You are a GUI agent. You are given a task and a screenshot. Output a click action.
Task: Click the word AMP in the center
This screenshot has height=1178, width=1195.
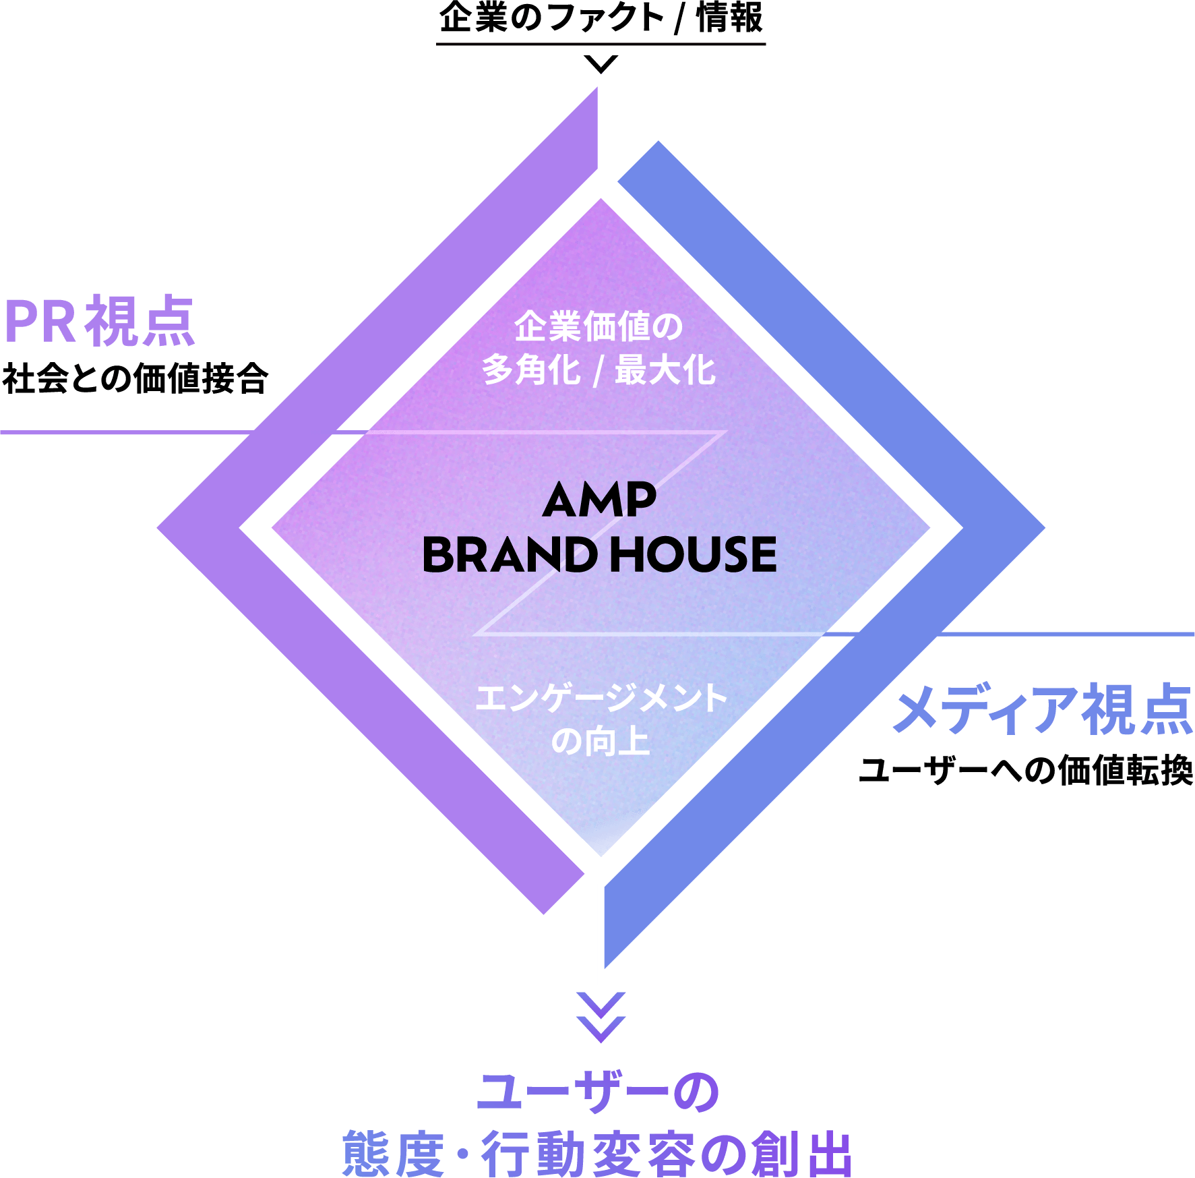[599, 500]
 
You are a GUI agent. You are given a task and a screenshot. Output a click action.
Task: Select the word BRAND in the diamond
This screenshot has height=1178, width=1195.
[510, 555]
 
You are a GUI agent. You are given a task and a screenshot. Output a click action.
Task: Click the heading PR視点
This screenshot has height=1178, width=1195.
[100, 322]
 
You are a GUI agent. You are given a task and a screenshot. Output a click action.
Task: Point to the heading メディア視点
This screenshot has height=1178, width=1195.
[1043, 709]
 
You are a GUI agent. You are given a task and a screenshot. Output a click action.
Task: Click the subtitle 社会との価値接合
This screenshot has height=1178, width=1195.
[135, 378]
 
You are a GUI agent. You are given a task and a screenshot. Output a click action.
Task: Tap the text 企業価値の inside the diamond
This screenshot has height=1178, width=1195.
[599, 327]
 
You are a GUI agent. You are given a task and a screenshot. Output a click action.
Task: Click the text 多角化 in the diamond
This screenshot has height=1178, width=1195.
[531, 371]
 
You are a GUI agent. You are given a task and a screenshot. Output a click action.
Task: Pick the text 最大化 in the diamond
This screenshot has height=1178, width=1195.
[665, 371]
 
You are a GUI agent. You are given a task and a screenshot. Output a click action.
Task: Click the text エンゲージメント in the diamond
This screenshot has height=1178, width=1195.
[601, 698]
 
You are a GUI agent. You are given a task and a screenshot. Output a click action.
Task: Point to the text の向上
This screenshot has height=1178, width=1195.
[600, 742]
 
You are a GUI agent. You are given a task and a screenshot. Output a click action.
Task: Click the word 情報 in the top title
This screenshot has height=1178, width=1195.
[730, 18]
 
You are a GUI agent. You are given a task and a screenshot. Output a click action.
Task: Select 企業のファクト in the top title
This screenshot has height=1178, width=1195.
[551, 18]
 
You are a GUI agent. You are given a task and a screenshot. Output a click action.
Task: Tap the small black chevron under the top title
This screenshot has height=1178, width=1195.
[601, 64]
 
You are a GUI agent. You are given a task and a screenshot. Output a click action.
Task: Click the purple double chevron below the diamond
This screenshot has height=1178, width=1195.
[601, 1017]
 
